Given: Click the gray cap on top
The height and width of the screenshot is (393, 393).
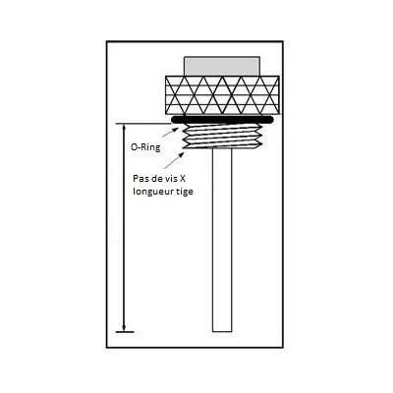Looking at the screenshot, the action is (x=222, y=66).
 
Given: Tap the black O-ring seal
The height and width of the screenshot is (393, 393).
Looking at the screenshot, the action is (x=222, y=120).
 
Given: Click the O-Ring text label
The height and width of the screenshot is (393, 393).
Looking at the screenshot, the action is (x=145, y=147).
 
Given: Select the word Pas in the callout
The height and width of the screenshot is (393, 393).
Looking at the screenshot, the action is (x=140, y=179).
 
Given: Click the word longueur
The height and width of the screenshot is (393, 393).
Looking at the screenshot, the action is (x=153, y=192).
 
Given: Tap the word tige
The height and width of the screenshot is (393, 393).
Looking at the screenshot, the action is (x=185, y=192).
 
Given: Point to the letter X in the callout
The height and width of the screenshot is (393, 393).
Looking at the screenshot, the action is (x=183, y=179).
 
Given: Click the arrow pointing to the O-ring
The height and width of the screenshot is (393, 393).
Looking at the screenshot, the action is (x=171, y=132).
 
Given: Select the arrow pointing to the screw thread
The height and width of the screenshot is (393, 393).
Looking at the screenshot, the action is (x=173, y=160).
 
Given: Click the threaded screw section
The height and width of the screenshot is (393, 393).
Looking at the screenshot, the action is (x=222, y=137).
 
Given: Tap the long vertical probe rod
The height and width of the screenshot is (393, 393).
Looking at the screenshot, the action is (x=222, y=240).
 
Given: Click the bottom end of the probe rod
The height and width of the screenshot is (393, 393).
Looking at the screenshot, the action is (x=222, y=331).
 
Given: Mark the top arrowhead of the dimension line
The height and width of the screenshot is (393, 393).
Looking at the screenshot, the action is (x=124, y=127).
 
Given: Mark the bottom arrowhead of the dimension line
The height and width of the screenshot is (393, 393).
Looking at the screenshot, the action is (x=124, y=328).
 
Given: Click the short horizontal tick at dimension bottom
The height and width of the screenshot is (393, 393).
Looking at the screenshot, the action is (x=125, y=332).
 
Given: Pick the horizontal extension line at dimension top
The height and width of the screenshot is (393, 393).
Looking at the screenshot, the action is (x=144, y=124).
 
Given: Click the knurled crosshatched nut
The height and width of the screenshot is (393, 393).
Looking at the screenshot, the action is (x=222, y=95).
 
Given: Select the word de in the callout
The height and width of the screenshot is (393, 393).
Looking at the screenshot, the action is (x=155, y=179).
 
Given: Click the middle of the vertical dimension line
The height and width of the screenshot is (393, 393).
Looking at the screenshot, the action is (x=124, y=228).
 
